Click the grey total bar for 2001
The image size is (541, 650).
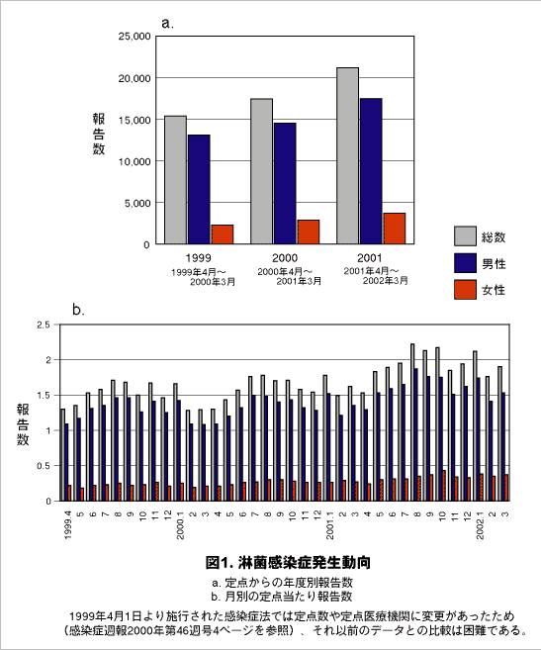point(347,155)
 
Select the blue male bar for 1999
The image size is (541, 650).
point(199,189)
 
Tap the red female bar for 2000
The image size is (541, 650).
point(309,232)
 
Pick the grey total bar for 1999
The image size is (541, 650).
point(175,179)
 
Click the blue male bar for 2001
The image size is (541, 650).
point(371,170)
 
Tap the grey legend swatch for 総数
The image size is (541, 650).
point(466,236)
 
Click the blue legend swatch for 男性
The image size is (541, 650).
point(466,263)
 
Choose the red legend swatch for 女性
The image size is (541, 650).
point(466,290)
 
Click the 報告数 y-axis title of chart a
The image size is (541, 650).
point(99,134)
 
